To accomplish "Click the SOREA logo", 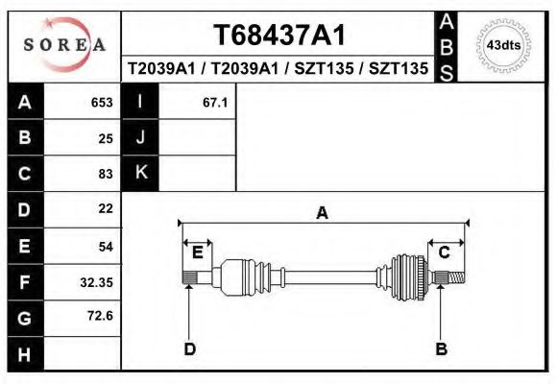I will [x=63, y=45].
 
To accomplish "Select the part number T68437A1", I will [x=278, y=36].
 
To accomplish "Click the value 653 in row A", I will [x=102, y=103].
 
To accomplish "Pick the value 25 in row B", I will [x=106, y=138].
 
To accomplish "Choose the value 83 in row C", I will [x=106, y=174].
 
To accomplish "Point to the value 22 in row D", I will [x=106, y=208].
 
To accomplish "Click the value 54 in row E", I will [x=106, y=246].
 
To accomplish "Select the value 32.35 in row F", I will [x=97, y=282].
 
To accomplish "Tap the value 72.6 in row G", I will [x=101, y=316].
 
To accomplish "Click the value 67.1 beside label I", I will [x=215, y=103].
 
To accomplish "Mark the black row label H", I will [x=25, y=354].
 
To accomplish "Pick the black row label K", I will [x=140, y=173].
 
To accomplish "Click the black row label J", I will [x=140, y=137].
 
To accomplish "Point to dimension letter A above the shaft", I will [x=323, y=213].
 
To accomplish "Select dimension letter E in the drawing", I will [x=197, y=252].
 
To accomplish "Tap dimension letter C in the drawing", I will [x=445, y=252].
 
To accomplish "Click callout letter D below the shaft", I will [x=189, y=348].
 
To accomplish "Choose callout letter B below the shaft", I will [x=442, y=348].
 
